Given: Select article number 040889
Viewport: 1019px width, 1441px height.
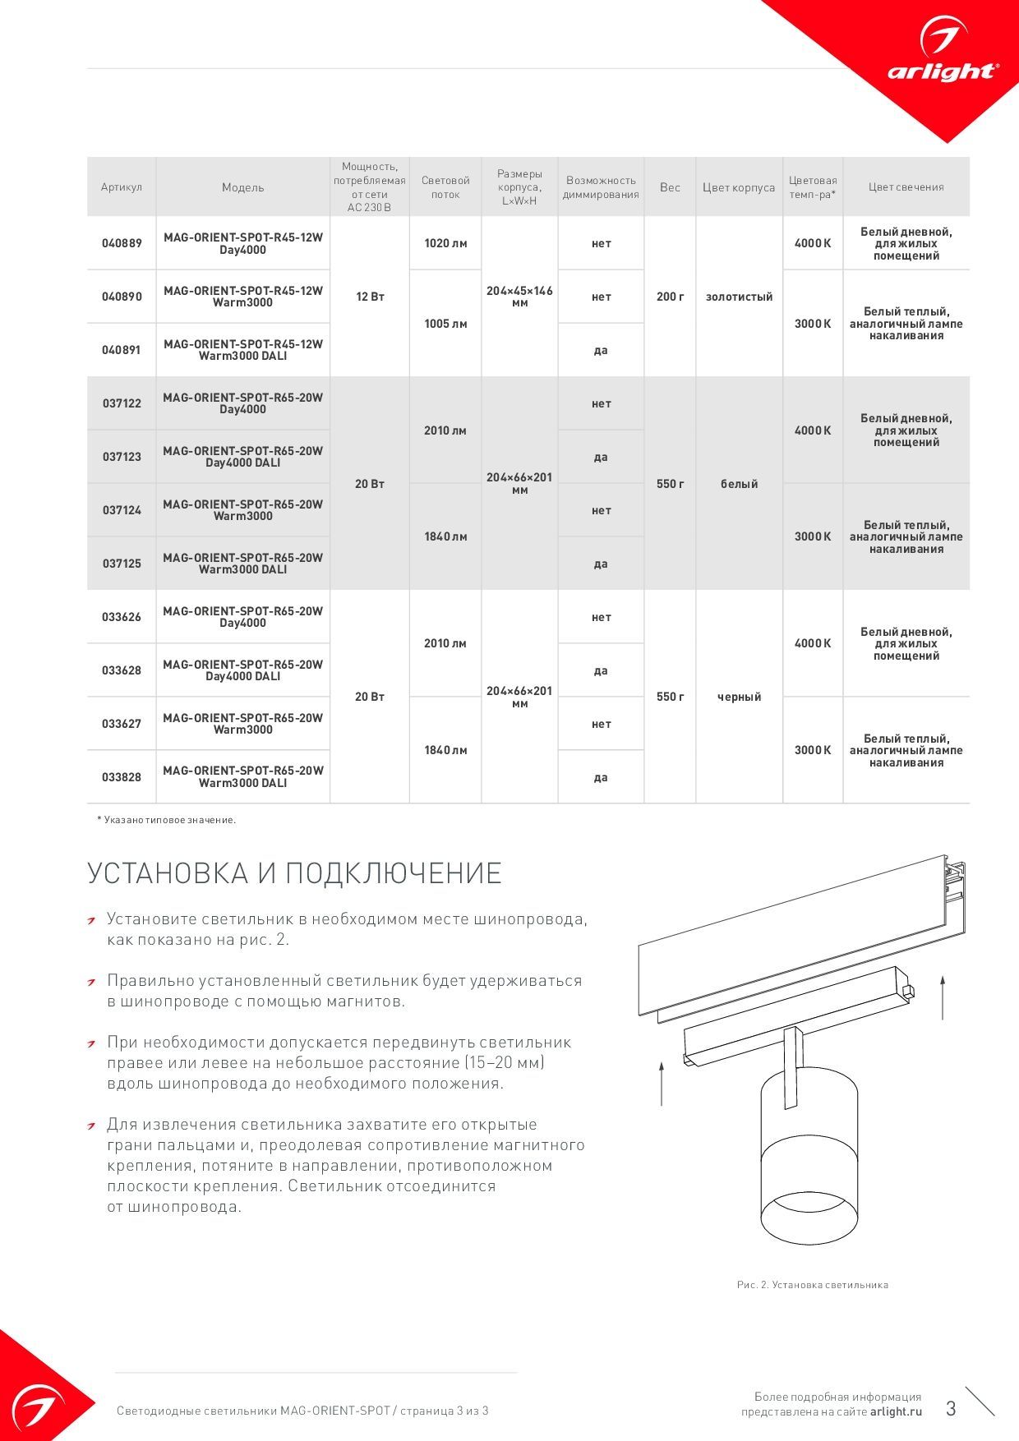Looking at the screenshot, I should pos(122,243).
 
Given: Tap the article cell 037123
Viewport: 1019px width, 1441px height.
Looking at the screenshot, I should pos(122,457).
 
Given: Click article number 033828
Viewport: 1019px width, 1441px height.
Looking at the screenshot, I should pos(122,777).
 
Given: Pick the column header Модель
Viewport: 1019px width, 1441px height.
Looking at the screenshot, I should pos(243,187).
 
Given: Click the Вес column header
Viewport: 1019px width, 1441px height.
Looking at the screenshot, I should pos(670,187).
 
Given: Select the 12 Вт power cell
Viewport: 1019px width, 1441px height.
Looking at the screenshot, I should pos(370,297).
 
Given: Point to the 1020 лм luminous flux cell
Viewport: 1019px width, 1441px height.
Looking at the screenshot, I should pos(445,243).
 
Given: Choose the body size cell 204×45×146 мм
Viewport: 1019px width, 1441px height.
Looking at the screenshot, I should pos(519,297).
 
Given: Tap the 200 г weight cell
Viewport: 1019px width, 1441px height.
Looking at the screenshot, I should pos(670,297).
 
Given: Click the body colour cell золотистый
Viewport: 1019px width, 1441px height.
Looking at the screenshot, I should pos(739,297).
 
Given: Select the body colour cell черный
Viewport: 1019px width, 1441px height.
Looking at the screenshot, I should pos(739,697).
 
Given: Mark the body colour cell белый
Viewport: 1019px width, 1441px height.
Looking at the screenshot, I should pos(739,484).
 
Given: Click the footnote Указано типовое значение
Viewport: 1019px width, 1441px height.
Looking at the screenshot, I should pos(167,820).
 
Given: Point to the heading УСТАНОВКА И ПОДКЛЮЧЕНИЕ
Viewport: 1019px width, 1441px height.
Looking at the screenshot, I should pos(294,873).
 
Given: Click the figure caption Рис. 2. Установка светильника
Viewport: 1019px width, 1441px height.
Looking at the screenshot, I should pos(812,1285).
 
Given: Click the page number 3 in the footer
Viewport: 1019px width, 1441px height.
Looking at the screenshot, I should pos(951,1409).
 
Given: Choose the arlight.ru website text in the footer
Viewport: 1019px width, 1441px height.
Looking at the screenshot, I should pos(896,1412).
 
